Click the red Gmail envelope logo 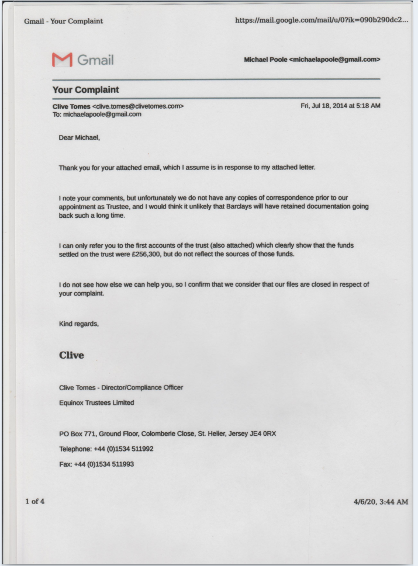pos(62,60)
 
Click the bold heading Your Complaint pos(85,90)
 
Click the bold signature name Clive pos(71,355)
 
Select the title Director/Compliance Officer pos(146,387)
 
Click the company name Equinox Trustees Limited pos(96,402)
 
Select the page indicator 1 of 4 pos(34,501)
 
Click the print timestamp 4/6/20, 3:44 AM pos(381,502)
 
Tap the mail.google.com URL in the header pos(321,21)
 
